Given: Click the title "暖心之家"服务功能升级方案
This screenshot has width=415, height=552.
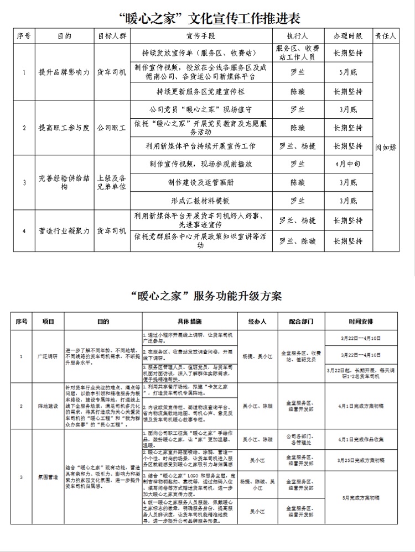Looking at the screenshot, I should pyautogui.click(x=207, y=296).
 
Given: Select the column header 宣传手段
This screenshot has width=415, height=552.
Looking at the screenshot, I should pyautogui.click(x=201, y=36).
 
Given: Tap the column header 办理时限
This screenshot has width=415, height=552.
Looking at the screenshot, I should pyautogui.click(x=348, y=36).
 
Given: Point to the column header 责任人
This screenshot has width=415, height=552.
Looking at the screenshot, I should pyautogui.click(x=386, y=36).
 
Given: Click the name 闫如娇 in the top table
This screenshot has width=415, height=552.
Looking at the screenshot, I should pyautogui.click(x=386, y=147).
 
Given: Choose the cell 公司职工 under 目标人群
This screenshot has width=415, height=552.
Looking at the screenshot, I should pyautogui.click(x=111, y=128).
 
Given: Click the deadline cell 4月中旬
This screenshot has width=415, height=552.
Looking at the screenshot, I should pyautogui.click(x=348, y=164).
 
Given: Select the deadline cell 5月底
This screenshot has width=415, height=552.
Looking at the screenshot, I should pyautogui.click(x=348, y=72).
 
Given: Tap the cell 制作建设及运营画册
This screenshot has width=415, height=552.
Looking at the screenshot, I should pyautogui.click(x=201, y=182).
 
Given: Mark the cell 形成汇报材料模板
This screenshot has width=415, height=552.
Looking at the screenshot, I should pyautogui.click(x=201, y=201).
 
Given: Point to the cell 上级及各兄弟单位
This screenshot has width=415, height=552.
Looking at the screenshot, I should pyautogui.click(x=111, y=182).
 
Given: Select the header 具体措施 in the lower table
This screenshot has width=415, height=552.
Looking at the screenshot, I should pyautogui.click(x=189, y=321).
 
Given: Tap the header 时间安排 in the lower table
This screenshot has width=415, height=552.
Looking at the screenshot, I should pyautogui.click(x=361, y=321).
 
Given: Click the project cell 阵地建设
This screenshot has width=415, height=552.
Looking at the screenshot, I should pyautogui.click(x=48, y=406).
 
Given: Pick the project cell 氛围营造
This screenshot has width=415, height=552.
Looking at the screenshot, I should pyautogui.click(x=48, y=476).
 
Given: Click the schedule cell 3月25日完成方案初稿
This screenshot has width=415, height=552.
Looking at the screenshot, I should pyautogui.click(x=361, y=459).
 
